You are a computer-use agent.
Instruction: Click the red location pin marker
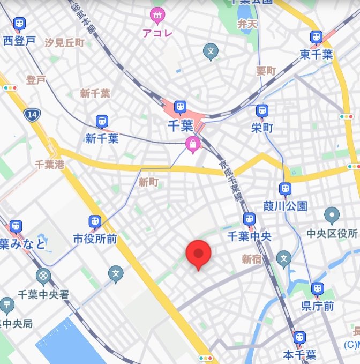198,254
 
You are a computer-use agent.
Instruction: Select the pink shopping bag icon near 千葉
192,144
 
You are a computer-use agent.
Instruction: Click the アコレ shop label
157,33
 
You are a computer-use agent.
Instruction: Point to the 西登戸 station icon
19,24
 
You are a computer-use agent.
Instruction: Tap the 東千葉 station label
317,54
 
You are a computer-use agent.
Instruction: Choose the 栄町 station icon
262,111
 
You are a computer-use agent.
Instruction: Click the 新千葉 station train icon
101,122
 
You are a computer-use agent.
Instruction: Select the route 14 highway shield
31,114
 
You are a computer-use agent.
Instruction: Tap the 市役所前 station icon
95,221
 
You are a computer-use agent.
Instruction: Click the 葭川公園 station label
286,206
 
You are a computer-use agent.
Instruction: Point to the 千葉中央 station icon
249,219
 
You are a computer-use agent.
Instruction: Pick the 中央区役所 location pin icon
332,216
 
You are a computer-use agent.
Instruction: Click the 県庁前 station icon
318,289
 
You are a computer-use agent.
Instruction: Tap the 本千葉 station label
299,354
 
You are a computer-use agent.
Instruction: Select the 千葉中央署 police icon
43,277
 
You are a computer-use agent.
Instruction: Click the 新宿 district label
251,259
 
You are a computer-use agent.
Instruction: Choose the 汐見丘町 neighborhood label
65,42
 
